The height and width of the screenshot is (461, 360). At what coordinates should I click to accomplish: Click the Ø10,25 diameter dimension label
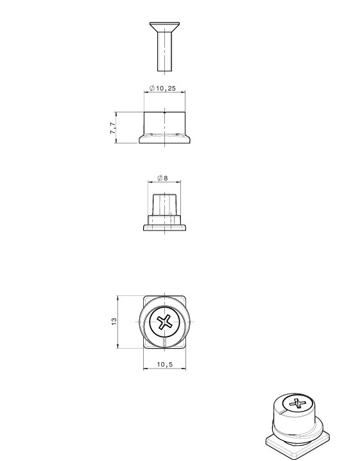point(162,88)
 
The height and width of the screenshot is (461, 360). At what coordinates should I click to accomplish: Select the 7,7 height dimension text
point(113,128)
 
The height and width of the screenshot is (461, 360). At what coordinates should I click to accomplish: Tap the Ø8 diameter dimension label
point(162,178)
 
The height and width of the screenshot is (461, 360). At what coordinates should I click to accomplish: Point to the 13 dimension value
point(114,321)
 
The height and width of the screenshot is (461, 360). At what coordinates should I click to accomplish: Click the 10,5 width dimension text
point(165,364)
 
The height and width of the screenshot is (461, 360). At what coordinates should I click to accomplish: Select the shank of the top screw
point(164,51)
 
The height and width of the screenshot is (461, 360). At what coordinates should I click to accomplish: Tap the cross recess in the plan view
point(164,322)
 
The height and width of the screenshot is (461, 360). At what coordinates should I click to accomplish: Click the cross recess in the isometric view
point(297,403)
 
